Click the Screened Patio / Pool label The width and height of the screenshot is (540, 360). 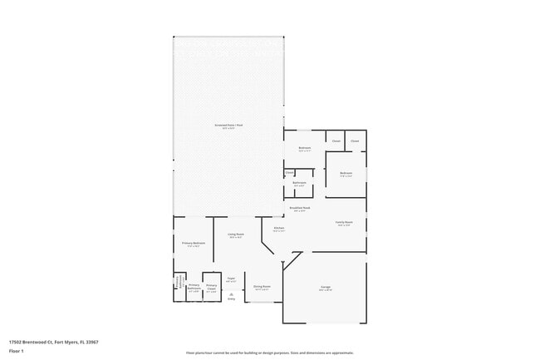[229, 126]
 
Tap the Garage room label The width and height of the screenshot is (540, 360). [326, 288]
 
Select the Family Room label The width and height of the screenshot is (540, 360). [344, 224]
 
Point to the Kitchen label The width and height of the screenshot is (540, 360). [279, 229]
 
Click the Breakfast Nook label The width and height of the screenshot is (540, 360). [300, 209]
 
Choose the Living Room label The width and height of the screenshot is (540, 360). [235, 235]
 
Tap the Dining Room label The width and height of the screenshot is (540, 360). [262, 288]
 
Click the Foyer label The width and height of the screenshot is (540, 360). [232, 279]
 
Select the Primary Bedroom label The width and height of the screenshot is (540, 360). [194, 244]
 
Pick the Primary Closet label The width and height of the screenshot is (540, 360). [211, 289]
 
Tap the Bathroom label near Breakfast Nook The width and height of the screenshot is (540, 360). [299, 184]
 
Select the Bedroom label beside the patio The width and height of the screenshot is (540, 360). [305, 150]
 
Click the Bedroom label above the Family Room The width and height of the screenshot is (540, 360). [345, 175]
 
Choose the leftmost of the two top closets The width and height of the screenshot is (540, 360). [336, 141]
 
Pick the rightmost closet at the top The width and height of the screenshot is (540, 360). [355, 141]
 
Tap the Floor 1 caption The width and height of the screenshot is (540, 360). [14, 350]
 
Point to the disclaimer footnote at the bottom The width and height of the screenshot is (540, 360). [270, 353]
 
